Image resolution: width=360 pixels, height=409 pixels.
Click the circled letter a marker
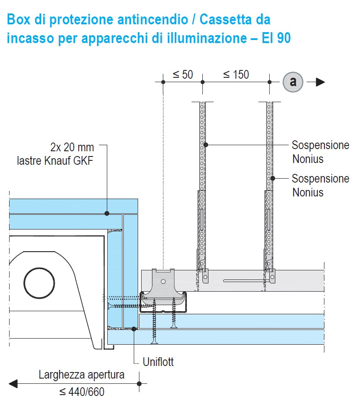[293, 82]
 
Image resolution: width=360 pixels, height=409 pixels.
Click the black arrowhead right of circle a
[320, 82]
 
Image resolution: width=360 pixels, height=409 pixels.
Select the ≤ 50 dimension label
[183, 75]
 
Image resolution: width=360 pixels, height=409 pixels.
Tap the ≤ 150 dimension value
[236, 75]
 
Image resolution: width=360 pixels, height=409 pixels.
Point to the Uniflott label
[158, 362]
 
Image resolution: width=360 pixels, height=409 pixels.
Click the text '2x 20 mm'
[72, 147]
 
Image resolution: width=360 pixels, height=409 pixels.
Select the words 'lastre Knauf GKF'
[55, 161]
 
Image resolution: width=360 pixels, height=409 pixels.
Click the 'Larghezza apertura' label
[81, 375]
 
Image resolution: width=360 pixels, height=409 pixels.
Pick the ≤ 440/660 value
[82, 392]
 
